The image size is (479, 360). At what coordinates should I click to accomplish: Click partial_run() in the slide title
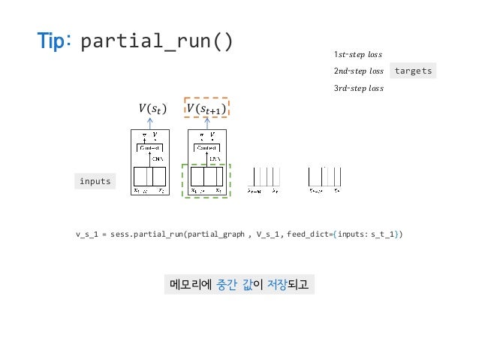(x=156, y=41)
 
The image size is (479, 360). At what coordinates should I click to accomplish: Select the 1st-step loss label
(x=357, y=55)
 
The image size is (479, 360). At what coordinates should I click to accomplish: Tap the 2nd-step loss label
(x=358, y=71)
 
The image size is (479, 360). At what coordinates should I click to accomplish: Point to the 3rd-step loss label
(x=358, y=88)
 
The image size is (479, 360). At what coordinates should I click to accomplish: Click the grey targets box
(x=413, y=71)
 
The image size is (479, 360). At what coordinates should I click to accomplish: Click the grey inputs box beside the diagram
(x=95, y=181)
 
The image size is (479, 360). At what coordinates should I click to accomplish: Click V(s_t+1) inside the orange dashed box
(x=206, y=110)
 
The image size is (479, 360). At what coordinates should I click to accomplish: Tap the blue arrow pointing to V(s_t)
(x=150, y=125)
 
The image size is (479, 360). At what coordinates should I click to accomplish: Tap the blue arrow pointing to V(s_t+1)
(x=206, y=125)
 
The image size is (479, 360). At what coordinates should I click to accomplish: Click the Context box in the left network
(x=150, y=148)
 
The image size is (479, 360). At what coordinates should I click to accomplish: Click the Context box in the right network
(x=206, y=148)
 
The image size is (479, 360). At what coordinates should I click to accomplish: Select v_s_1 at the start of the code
(x=87, y=234)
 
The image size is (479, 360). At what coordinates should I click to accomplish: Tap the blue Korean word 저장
(x=278, y=285)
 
